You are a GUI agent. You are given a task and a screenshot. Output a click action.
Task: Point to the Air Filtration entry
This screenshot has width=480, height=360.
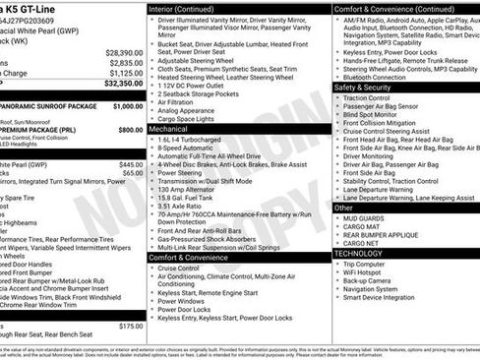pos(183,100)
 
